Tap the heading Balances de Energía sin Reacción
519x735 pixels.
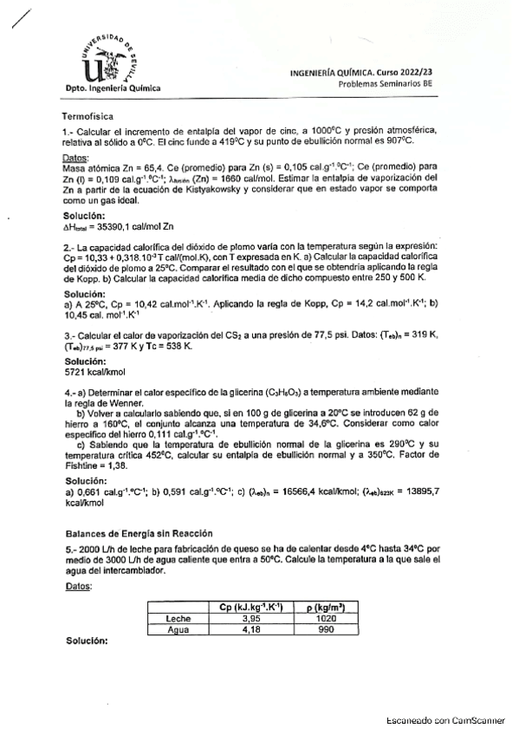tap(139, 533)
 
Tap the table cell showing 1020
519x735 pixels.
tap(325, 619)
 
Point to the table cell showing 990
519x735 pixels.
tap(325, 629)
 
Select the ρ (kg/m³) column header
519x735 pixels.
tap(325, 608)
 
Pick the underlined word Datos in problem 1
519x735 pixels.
tap(77, 156)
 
